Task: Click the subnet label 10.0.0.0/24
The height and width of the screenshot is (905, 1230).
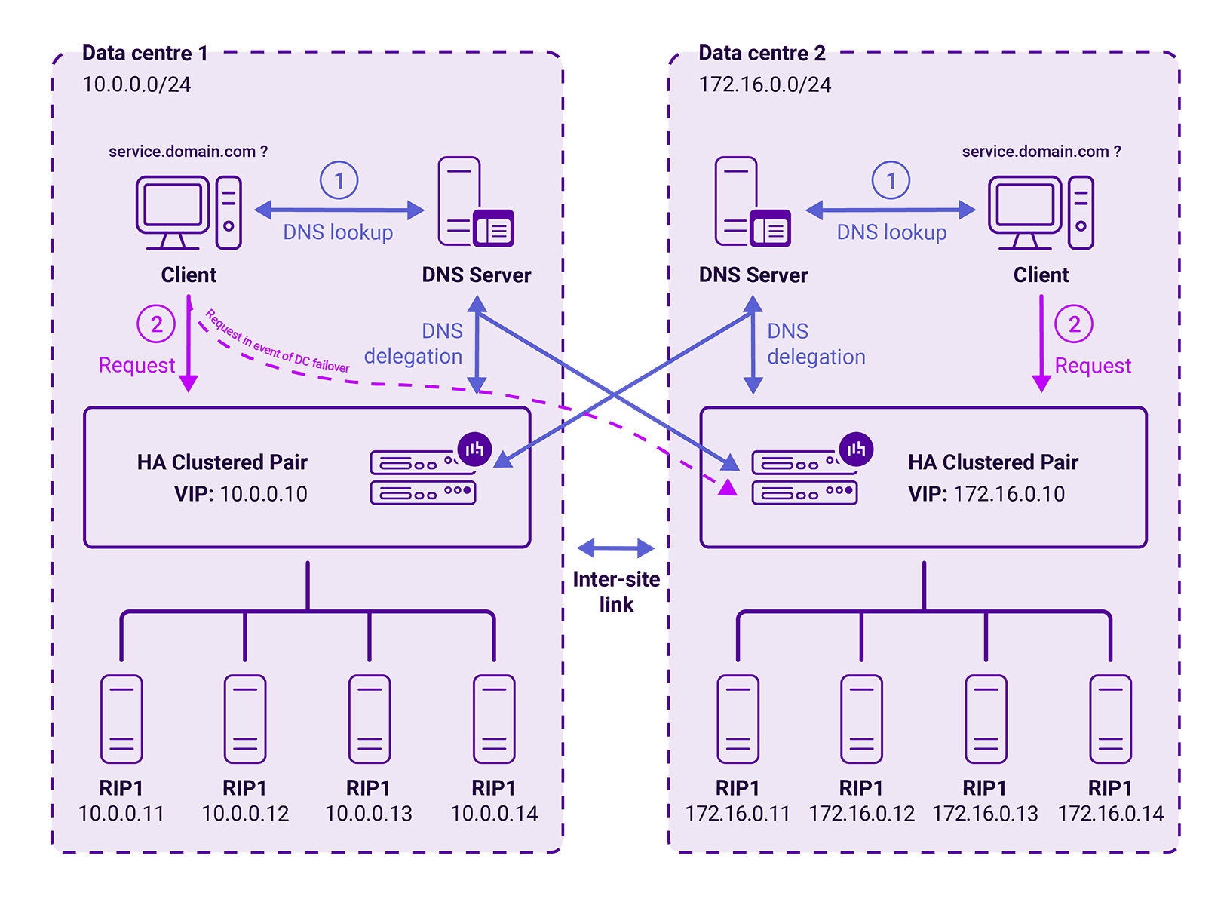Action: [x=136, y=84]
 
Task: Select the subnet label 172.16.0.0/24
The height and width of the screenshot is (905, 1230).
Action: [x=765, y=84]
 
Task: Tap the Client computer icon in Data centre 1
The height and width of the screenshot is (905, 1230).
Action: [x=189, y=213]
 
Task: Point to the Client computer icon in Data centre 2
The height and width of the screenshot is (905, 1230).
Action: [x=1041, y=213]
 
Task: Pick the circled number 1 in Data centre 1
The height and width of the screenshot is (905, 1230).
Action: [x=339, y=180]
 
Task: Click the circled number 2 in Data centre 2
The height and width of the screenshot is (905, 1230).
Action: [x=1074, y=324]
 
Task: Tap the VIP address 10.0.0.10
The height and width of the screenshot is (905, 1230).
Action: [x=263, y=494]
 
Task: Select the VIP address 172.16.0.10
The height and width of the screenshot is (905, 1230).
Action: [x=1009, y=494]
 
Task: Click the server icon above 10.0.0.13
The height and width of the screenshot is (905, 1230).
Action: [x=370, y=719]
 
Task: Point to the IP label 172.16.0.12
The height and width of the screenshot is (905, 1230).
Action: [x=861, y=814]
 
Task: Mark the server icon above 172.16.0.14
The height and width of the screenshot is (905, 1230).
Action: [x=1110, y=719]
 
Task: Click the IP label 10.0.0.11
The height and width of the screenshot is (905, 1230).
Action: [x=121, y=814]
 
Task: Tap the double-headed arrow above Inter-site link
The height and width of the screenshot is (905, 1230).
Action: [x=616, y=548]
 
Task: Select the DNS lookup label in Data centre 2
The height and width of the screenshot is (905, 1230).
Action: [x=891, y=232]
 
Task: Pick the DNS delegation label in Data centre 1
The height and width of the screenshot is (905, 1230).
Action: [x=413, y=344]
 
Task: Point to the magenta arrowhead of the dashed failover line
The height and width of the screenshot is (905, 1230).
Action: [x=727, y=488]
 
